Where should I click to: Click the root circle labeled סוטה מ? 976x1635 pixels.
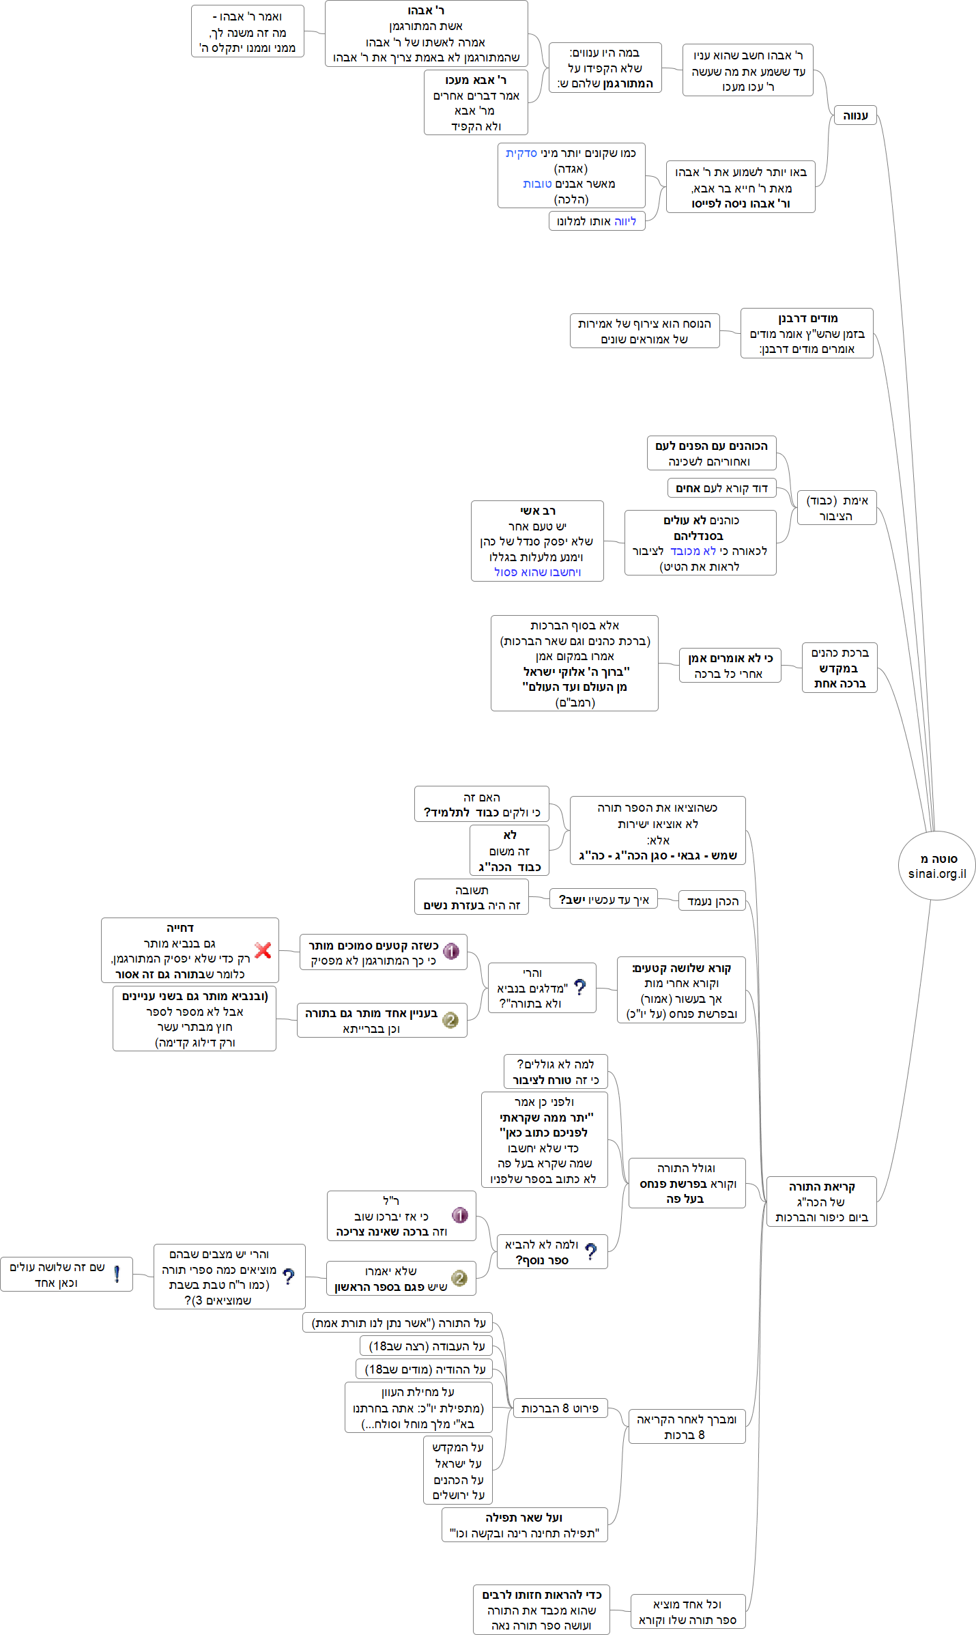coord(936,866)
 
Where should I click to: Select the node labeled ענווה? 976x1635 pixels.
coord(855,115)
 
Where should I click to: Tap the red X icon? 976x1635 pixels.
coord(263,950)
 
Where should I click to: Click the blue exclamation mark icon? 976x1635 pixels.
coord(117,1274)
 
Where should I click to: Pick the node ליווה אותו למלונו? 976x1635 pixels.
coord(597,221)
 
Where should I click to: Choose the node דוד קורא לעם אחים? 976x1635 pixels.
coord(721,488)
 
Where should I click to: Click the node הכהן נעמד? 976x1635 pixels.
coord(712,901)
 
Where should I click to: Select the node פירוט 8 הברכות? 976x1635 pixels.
coord(560,1408)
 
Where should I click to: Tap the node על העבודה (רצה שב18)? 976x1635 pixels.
coord(427,1346)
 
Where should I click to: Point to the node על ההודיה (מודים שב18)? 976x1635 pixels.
coord(425,1369)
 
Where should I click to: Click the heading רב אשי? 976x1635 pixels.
coord(538,511)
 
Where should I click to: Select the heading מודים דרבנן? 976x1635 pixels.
coord(807,318)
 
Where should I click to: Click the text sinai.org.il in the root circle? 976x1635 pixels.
coord(937,874)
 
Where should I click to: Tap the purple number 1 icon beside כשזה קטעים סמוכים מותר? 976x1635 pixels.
coord(450,951)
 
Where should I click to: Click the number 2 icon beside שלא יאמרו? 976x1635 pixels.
coord(459,1278)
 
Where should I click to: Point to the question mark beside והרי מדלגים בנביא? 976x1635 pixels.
coord(580,987)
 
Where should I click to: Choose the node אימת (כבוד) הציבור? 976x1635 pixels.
coord(837,508)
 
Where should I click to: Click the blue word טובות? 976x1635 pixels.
coord(537,184)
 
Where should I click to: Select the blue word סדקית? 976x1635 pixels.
coord(521,153)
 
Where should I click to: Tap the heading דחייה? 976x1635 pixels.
coord(180,928)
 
